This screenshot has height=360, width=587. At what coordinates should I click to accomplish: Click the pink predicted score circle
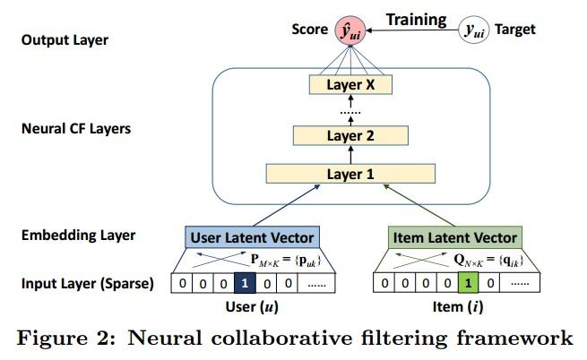coord(350,30)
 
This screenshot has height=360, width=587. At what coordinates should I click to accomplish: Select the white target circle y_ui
coord(473,30)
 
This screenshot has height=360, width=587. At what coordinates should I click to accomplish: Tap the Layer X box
coord(350,84)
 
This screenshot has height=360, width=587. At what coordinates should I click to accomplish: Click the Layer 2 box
coord(350,135)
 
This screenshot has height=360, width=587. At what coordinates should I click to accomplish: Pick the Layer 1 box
coord(350,174)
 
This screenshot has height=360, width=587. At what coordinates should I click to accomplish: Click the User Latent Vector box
coord(253,237)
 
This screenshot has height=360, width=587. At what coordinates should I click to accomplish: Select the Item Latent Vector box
coord(455,237)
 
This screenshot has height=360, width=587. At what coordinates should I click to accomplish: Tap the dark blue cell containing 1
coord(245,283)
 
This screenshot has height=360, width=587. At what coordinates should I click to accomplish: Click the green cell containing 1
coord(468,283)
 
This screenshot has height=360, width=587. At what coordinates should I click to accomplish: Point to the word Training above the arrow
coord(417,20)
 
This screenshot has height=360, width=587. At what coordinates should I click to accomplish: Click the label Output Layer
coord(65,40)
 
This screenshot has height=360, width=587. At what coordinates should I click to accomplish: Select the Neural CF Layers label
coord(76,129)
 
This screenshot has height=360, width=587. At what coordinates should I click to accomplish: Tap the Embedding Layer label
coord(78,236)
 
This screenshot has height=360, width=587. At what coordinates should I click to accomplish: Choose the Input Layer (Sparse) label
coord(88,284)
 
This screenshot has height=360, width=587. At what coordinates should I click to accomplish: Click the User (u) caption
coord(252,307)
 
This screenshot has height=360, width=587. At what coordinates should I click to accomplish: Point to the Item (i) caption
coord(458,307)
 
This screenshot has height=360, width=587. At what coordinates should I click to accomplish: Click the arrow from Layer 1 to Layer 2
coord(350,155)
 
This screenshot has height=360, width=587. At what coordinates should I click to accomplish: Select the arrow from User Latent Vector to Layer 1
coord(287,205)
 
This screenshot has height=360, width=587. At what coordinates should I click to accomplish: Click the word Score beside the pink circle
coord(309,30)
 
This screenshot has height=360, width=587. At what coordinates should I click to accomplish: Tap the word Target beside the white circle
coord(515,30)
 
